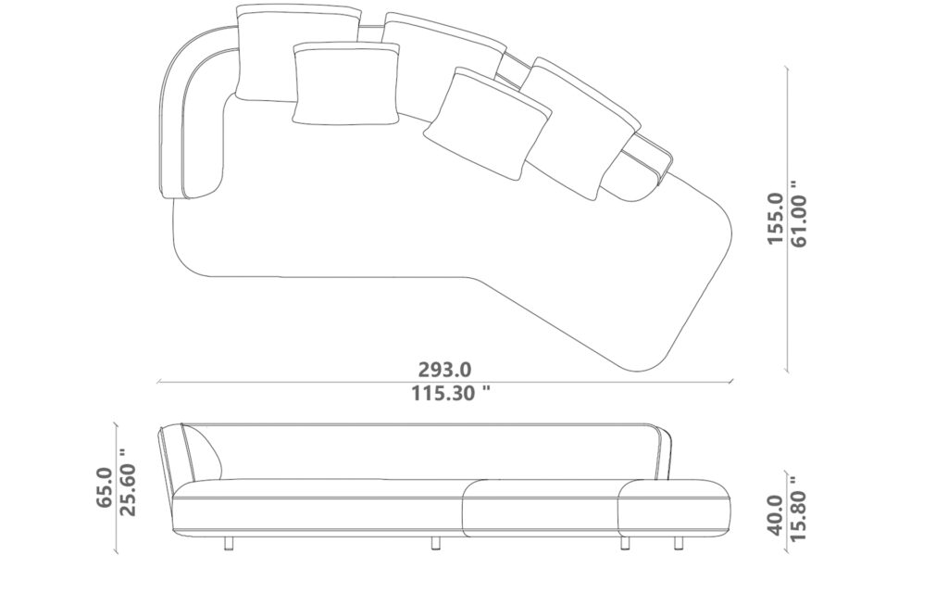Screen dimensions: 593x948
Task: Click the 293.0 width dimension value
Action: [443, 369]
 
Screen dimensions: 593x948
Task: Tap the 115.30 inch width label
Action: [450, 393]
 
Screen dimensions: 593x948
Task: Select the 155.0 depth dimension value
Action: [776, 219]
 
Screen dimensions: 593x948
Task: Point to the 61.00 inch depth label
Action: [800, 219]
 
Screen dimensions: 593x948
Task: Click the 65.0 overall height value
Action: [105, 487]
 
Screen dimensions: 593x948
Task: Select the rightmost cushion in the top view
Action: [583, 125]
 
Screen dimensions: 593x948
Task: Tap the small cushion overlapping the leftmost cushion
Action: [343, 84]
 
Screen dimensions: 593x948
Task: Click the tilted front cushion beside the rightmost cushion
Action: [487, 121]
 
